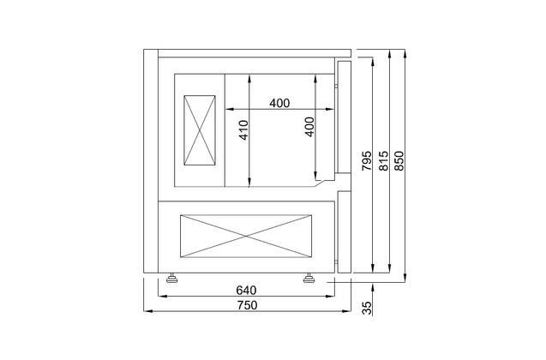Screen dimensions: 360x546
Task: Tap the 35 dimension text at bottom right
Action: (x=367, y=309)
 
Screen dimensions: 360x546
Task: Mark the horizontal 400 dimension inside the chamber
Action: (x=279, y=103)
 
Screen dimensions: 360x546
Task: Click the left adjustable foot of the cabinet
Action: (x=173, y=277)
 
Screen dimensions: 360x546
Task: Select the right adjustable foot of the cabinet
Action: (x=309, y=277)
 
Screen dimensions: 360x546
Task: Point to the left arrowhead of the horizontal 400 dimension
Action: (x=229, y=109)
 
